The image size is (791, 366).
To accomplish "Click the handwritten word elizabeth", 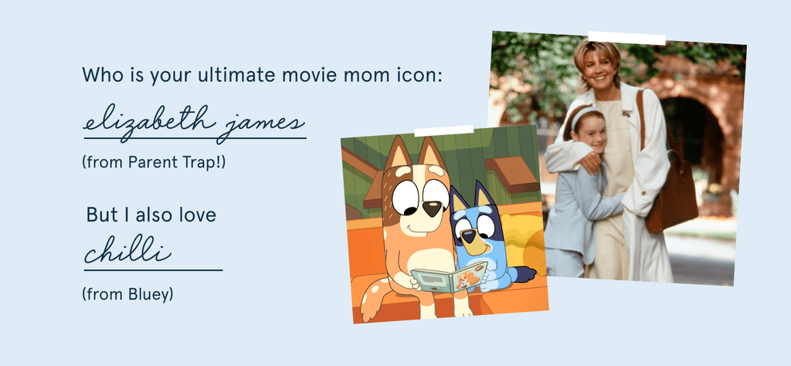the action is click(146, 121).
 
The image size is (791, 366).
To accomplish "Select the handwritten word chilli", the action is click(127, 249).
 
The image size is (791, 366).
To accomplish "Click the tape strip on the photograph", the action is click(626, 39).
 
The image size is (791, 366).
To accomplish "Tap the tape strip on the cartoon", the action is click(444, 131).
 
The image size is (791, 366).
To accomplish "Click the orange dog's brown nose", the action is click(431, 208).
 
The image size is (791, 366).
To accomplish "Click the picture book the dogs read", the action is click(449, 279).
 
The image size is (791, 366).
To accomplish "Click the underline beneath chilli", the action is click(154, 270).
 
